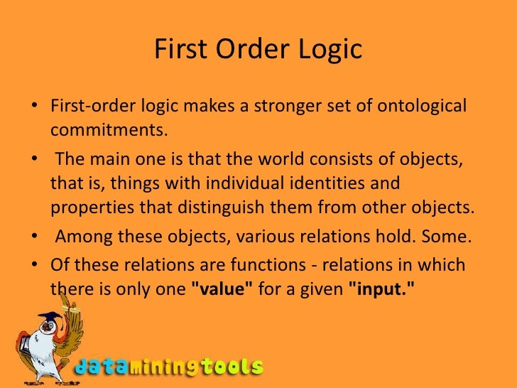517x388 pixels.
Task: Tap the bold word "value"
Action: [219, 290]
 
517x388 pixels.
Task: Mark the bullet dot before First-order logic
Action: [35, 107]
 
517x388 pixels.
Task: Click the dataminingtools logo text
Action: [169, 367]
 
